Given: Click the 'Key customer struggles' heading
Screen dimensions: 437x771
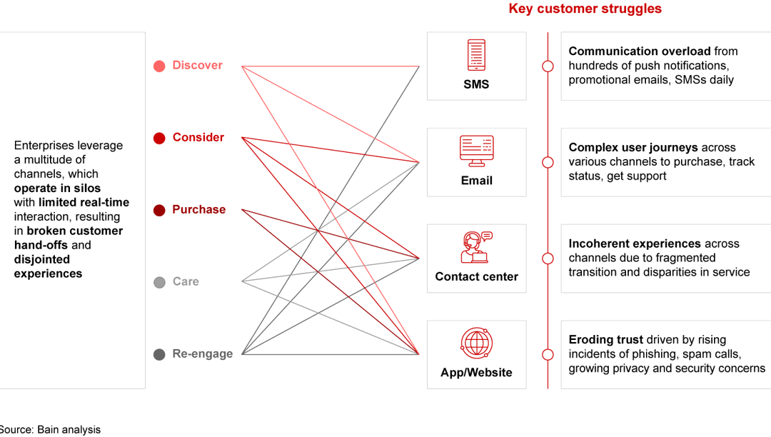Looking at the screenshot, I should (x=585, y=9).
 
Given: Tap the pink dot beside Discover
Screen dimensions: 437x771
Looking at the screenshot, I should (x=159, y=66).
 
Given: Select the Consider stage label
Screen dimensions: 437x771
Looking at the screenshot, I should (x=198, y=137).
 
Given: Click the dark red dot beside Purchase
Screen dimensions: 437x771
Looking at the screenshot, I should (x=159, y=210).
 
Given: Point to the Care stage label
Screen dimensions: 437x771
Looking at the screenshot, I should (x=186, y=281).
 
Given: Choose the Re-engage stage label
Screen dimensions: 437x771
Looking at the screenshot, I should (x=202, y=353).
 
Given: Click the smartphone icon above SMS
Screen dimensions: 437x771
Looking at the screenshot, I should (x=476, y=55).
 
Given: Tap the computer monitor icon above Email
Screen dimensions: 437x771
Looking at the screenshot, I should (x=476, y=151).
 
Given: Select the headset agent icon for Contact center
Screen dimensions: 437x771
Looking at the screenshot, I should (x=476, y=247).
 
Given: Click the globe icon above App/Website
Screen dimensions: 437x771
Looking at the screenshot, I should (x=476, y=343).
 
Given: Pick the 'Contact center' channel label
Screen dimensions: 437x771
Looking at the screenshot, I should (x=476, y=276).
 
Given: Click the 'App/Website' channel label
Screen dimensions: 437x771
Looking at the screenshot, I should (x=476, y=372).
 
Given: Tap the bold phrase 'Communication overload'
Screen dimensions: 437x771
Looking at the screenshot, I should (x=639, y=51).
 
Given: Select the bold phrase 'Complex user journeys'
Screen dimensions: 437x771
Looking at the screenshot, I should (x=633, y=148).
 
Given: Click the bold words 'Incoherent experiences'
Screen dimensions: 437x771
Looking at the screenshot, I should (x=634, y=243).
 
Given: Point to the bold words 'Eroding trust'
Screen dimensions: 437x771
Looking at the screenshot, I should (x=605, y=340).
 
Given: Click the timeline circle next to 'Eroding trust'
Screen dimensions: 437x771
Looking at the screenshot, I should (x=548, y=354).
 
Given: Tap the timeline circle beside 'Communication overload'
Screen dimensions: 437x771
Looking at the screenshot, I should (x=548, y=66).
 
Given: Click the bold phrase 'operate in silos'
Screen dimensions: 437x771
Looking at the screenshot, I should (x=57, y=188).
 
